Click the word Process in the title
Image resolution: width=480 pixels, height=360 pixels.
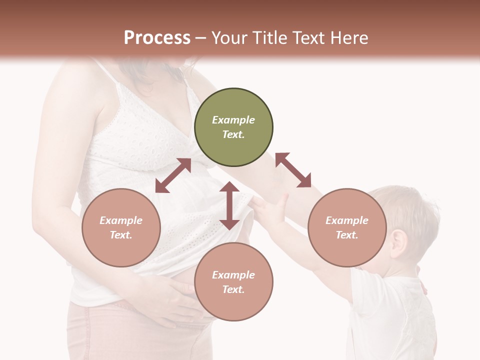click(157, 37)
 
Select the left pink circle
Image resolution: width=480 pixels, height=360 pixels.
click(121, 227)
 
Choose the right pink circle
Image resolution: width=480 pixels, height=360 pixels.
click(347, 227)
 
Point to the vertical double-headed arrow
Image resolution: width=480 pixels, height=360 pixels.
click(229, 205)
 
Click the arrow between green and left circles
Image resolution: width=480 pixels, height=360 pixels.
click(173, 175)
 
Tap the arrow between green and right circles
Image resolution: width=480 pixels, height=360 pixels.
click(293, 170)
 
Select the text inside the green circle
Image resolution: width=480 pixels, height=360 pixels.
click(233, 127)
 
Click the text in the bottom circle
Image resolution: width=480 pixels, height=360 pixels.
click(233, 282)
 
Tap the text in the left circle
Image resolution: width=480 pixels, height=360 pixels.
click(121, 227)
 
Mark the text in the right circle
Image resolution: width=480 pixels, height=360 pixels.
click(347, 227)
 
